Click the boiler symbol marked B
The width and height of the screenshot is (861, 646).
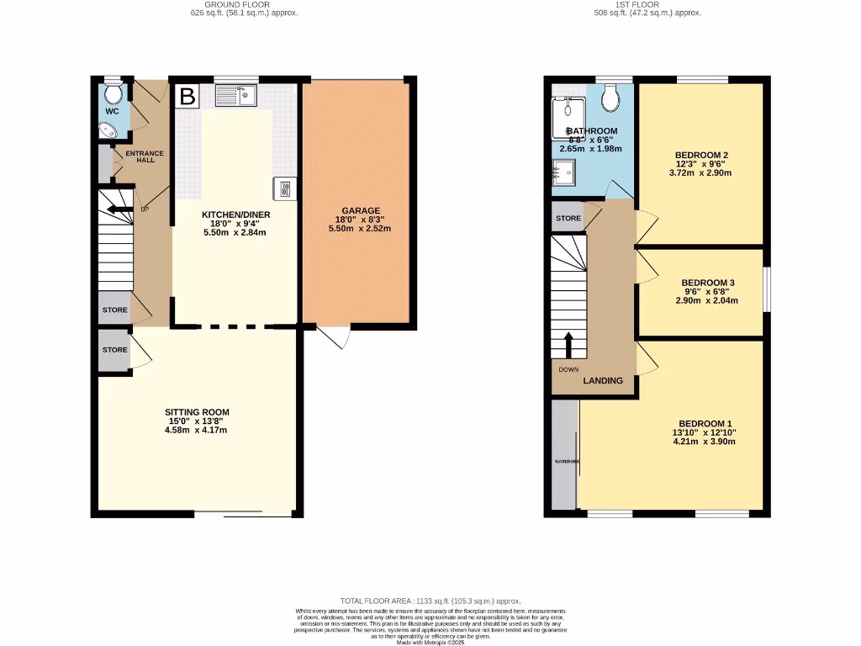point(187,97)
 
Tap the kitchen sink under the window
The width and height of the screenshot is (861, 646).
point(236,97)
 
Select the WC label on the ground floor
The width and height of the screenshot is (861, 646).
point(112,111)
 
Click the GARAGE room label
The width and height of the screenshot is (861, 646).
point(361,211)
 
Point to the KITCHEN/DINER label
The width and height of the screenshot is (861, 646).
point(235,214)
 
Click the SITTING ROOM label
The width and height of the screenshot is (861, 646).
point(197,412)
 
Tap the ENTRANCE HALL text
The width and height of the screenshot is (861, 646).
point(145,156)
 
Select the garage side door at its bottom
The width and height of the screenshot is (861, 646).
point(335,336)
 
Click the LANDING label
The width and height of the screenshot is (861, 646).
point(604,381)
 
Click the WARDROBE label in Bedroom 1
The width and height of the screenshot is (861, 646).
point(564,462)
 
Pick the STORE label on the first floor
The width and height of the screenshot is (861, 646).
point(568,218)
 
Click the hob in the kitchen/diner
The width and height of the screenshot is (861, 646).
point(283,188)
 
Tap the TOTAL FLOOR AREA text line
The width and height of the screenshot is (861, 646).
point(430,601)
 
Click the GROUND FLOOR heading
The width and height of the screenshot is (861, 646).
point(243,4)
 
